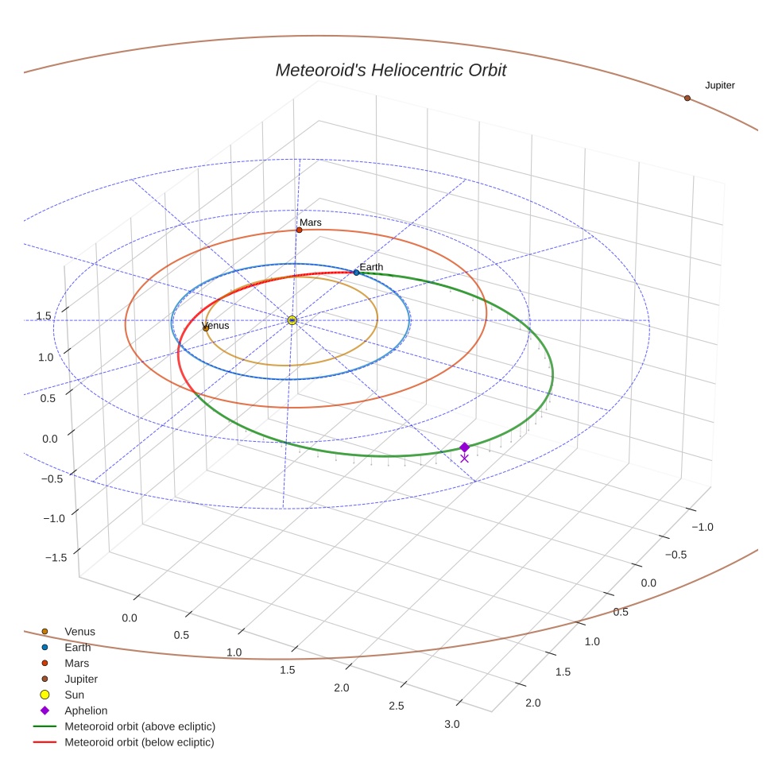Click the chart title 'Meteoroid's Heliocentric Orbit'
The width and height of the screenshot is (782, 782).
[390, 71]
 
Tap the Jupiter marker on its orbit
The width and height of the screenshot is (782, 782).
[687, 98]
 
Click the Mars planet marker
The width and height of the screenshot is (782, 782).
[299, 230]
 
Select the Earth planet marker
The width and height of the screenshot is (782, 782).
[356, 273]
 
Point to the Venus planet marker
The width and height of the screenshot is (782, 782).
[206, 327]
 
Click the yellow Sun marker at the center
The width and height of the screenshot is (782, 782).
[292, 319]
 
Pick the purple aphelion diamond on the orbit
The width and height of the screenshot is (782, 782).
[464, 447]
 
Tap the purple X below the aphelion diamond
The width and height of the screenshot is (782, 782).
[464, 459]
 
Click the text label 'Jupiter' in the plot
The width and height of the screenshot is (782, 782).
[719, 86]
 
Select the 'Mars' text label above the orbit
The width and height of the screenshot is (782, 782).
[311, 223]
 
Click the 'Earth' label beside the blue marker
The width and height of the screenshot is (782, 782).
[371, 267]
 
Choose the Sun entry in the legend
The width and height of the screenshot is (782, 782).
[74, 695]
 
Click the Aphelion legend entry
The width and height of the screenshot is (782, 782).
[86, 710]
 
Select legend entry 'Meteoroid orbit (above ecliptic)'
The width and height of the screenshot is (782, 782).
[139, 726]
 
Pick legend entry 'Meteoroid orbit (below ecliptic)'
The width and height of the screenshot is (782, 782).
[139, 742]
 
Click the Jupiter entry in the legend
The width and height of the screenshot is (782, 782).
[81, 679]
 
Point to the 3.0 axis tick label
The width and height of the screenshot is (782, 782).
[451, 724]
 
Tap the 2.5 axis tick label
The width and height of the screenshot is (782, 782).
[396, 706]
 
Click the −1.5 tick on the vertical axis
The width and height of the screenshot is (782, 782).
[55, 558]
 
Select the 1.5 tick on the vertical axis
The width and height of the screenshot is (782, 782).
[44, 316]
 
